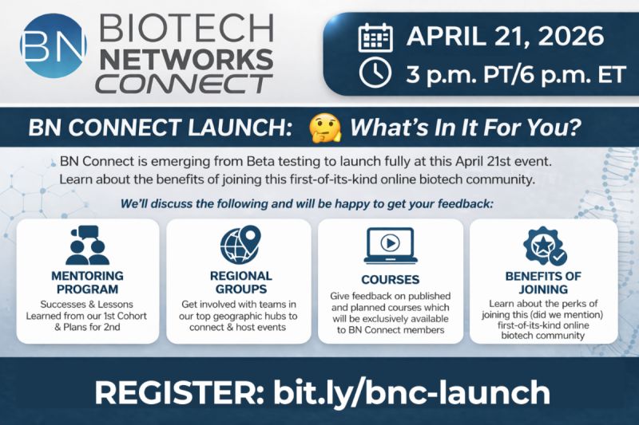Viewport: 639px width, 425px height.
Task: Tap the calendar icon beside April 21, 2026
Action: pyautogui.click(x=373, y=37)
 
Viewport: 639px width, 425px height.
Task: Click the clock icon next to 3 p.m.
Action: pyautogui.click(x=373, y=74)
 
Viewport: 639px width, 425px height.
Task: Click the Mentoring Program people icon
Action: pyautogui.click(x=88, y=246)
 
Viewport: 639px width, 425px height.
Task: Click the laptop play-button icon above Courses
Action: pyautogui.click(x=390, y=246)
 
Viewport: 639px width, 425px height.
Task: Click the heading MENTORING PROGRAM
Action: pyautogui.click(x=88, y=283)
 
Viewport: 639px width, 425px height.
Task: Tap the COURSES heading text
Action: pyautogui.click(x=390, y=280)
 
